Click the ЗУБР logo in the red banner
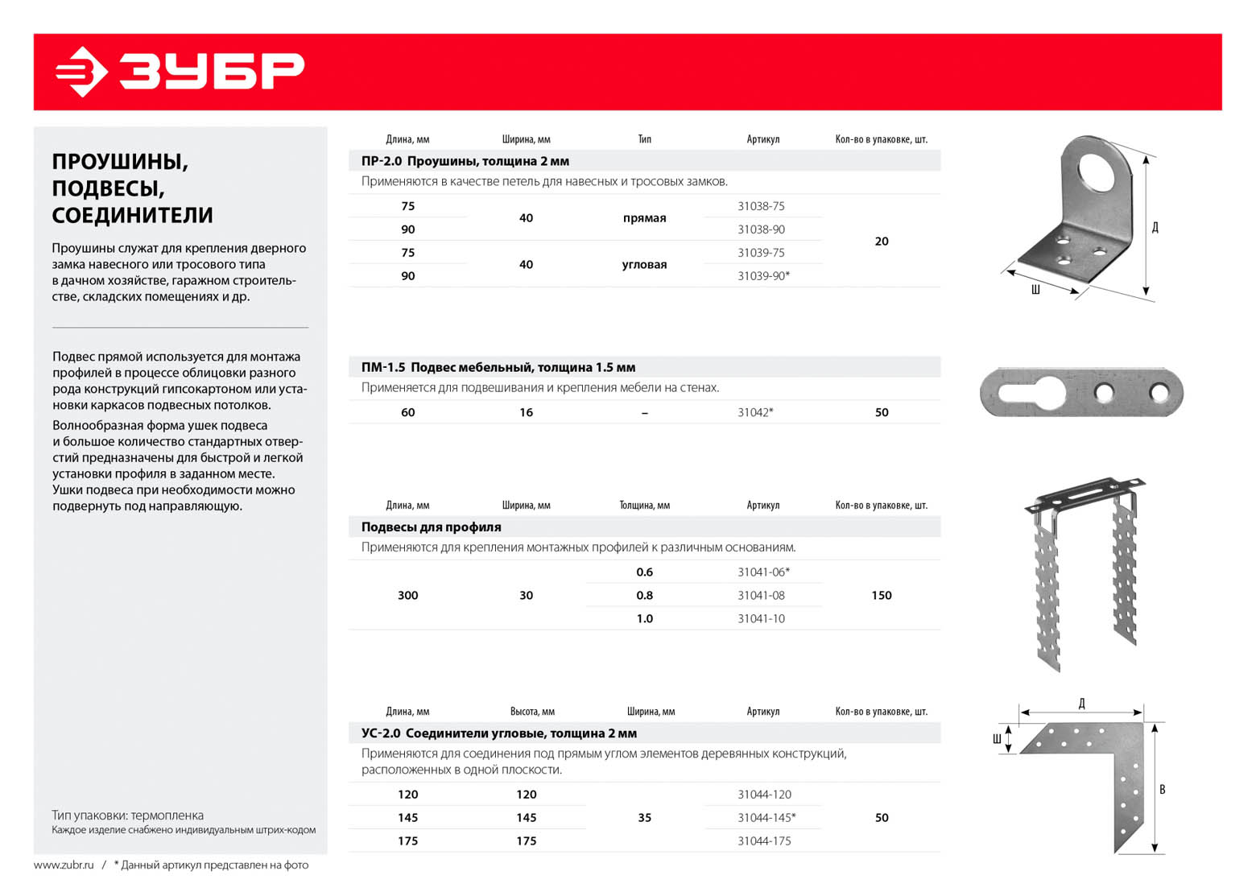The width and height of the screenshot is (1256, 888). (180, 72)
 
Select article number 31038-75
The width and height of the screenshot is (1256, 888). (761, 206)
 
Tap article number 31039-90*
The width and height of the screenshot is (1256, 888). (763, 276)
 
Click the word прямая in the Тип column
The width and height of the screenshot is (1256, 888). (644, 218)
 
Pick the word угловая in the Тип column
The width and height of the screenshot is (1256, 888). (644, 265)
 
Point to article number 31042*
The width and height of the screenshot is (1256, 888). (755, 412)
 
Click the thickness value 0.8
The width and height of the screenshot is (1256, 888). (644, 596)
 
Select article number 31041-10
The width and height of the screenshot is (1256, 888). (761, 619)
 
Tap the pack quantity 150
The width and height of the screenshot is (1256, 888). (881, 596)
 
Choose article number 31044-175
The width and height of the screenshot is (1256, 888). (764, 841)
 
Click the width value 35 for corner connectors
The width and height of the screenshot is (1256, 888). (644, 818)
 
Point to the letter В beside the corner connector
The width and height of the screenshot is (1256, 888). (1162, 790)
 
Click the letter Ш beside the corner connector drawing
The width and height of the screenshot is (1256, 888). (997, 739)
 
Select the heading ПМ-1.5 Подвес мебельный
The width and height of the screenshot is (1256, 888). (498, 368)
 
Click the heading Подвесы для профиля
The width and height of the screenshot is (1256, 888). (431, 527)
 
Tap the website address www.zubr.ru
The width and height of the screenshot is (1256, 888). (64, 865)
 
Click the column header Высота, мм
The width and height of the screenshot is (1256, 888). (532, 712)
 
